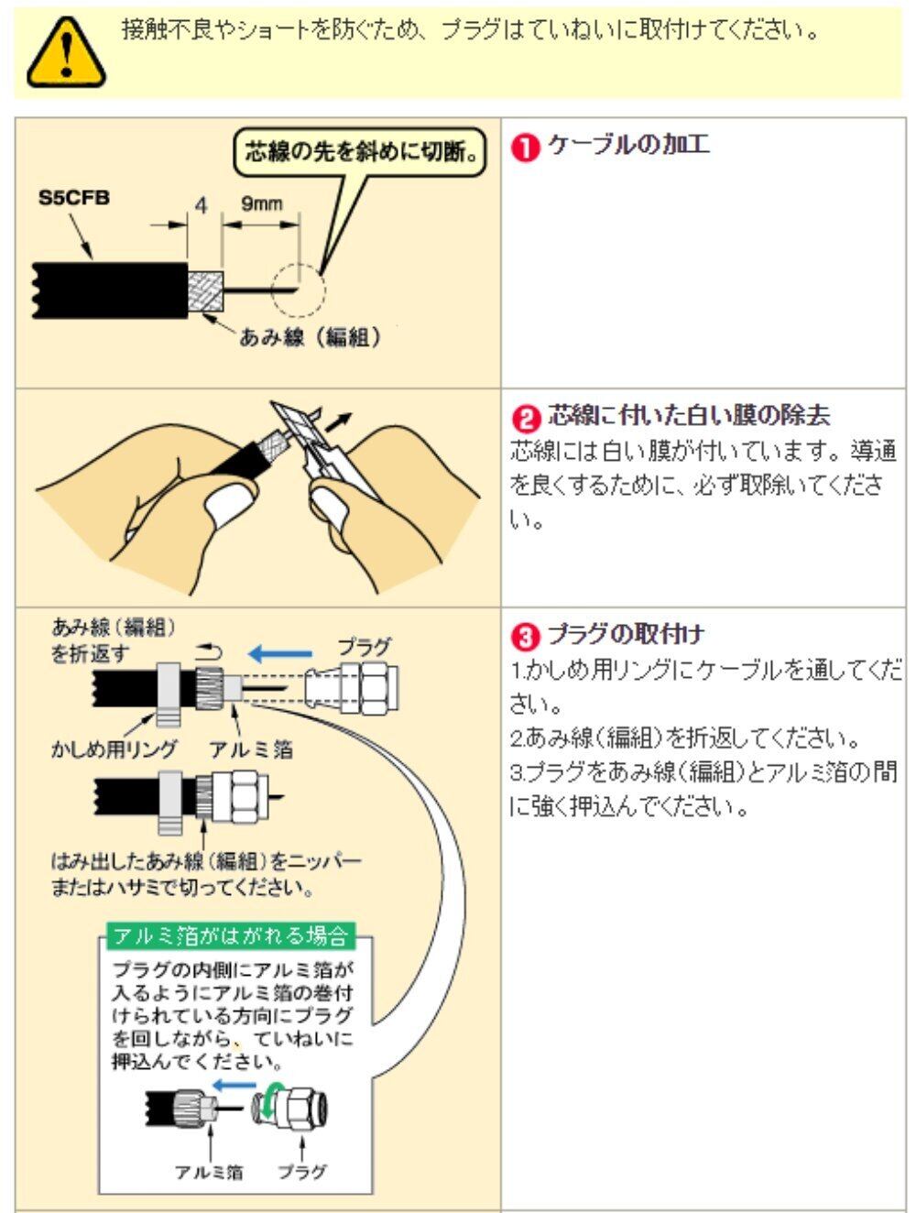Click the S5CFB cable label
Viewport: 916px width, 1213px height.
[x=74, y=196]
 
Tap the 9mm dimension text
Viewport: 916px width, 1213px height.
[x=262, y=204]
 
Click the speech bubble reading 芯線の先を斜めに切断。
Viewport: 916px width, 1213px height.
[x=358, y=152]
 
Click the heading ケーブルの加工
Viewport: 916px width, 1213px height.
[x=627, y=146]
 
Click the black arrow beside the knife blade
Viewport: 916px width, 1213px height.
[x=337, y=421]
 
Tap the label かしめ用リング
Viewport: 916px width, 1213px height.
[x=114, y=749]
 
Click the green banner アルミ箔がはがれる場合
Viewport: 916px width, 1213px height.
[x=229, y=935]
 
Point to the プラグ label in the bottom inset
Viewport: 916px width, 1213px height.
[x=302, y=1172]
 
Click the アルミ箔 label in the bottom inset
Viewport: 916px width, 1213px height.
[x=210, y=1172]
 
